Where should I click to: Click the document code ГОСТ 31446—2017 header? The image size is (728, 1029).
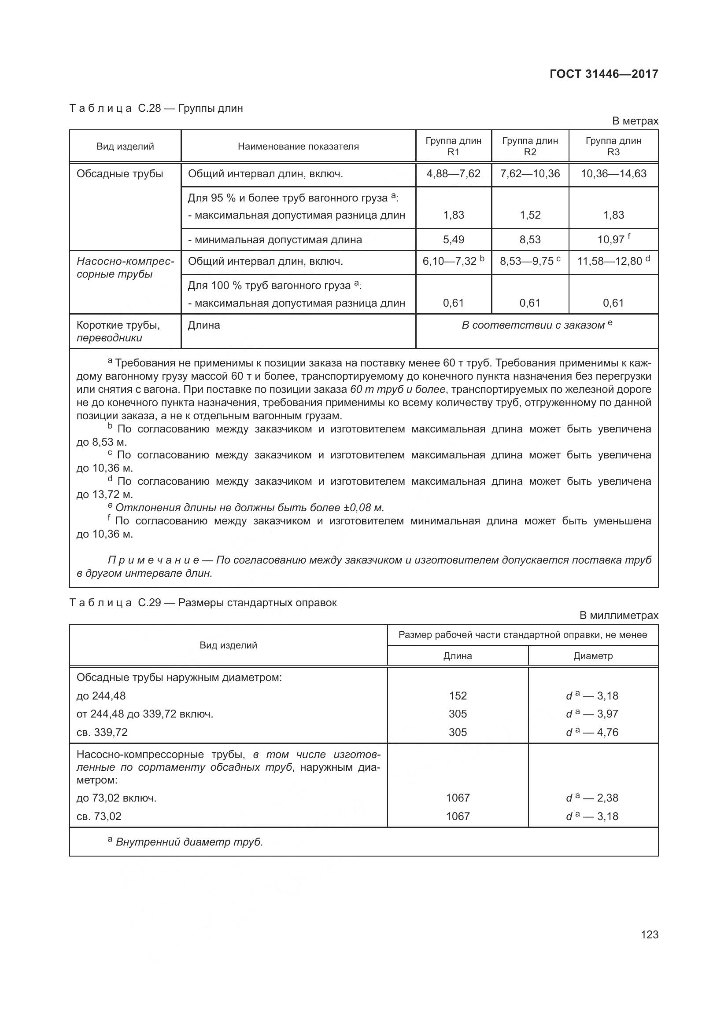click(x=604, y=74)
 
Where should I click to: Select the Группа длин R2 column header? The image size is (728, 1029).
click(x=530, y=146)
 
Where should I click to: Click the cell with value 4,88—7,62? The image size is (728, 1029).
click(x=453, y=174)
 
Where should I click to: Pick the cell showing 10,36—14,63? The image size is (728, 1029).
click(x=613, y=174)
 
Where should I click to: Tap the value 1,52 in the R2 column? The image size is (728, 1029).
click(x=530, y=215)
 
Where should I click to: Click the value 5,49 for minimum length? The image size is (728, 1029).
click(x=453, y=240)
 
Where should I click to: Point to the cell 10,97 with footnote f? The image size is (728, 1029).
click(x=613, y=239)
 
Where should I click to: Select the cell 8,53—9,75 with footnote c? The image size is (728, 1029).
click(x=530, y=261)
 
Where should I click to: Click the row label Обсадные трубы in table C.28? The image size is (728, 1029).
click(x=120, y=174)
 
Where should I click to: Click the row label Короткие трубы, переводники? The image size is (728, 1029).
click(x=118, y=331)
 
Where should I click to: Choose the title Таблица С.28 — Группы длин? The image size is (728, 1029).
click(x=156, y=109)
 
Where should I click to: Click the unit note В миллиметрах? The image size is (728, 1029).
click(x=618, y=615)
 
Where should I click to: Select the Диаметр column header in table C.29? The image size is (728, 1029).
click(x=592, y=655)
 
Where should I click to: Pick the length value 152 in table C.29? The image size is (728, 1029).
click(x=458, y=696)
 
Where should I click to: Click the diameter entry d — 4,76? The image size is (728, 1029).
click(x=591, y=732)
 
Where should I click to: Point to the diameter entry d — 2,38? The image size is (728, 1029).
click(x=591, y=798)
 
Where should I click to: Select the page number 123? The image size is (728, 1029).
click(x=649, y=934)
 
